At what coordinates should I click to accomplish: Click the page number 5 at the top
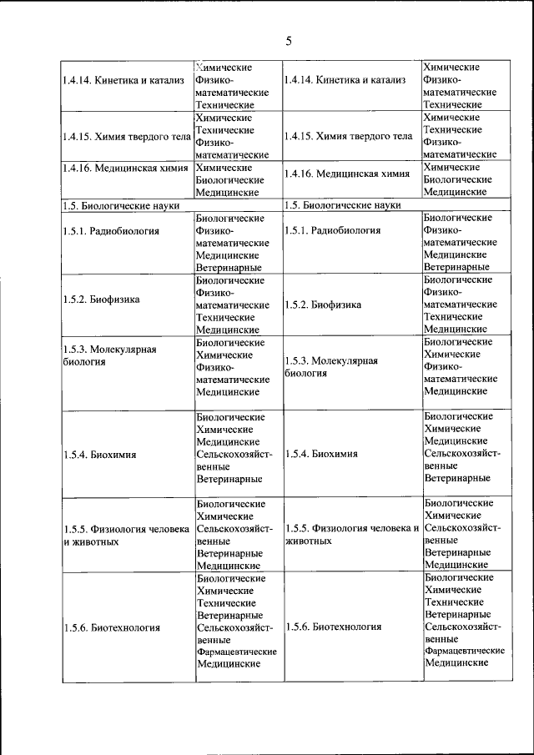[x=288, y=41]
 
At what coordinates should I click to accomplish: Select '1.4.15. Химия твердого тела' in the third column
[x=348, y=136]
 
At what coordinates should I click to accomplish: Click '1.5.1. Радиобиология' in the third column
[x=333, y=230]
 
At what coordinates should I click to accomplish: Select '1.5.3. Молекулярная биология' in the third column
[x=331, y=367]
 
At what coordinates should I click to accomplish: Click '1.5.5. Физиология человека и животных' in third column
[x=351, y=535]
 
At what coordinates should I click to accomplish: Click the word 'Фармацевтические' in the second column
[x=236, y=651]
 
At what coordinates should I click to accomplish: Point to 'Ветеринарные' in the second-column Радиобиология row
[x=229, y=267]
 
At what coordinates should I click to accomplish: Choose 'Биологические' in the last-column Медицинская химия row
[x=457, y=179]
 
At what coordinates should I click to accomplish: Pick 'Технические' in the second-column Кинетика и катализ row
[x=224, y=105]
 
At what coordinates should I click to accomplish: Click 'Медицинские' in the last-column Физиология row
[x=456, y=565]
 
